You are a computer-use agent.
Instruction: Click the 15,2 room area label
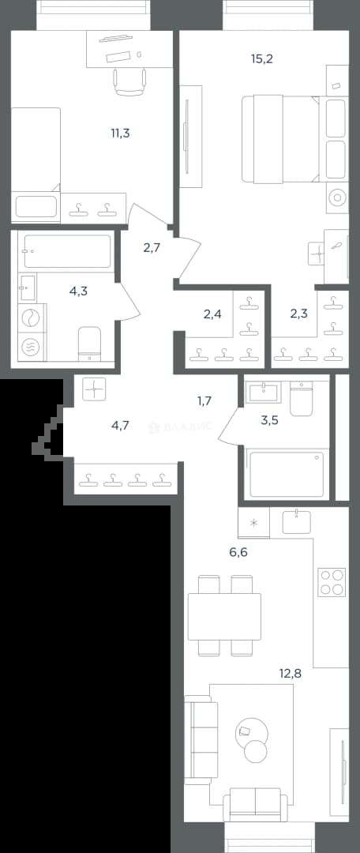point(261,58)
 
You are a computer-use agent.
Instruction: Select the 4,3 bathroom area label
point(78,291)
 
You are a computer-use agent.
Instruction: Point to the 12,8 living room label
point(289,672)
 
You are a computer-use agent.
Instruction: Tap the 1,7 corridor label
point(204,401)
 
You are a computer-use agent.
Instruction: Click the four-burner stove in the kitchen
point(332,582)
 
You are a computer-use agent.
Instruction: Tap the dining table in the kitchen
point(224,616)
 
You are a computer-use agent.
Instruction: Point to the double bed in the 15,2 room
point(280,139)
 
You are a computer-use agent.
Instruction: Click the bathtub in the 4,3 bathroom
point(67,251)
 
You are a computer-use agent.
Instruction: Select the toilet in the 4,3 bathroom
point(90,344)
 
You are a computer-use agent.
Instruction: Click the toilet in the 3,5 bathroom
point(302,399)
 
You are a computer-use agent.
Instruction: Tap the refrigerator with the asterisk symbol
point(253,523)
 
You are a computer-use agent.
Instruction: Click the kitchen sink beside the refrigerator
point(297,521)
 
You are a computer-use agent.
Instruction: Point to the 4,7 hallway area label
point(120,425)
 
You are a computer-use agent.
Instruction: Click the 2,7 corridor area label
point(152,248)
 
